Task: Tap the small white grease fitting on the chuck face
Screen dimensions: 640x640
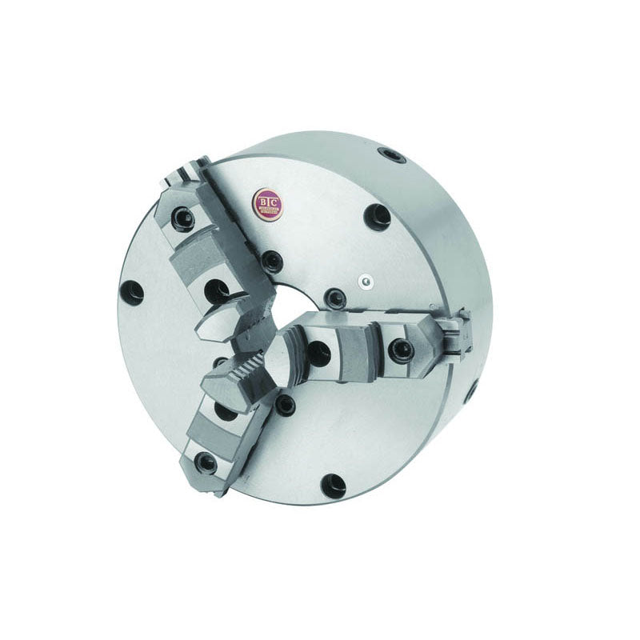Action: [x=365, y=281]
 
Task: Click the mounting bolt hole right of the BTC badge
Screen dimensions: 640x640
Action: [x=377, y=216]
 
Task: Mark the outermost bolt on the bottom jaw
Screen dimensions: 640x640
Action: [x=206, y=462]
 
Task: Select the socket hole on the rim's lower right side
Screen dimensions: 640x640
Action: [x=473, y=392]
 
